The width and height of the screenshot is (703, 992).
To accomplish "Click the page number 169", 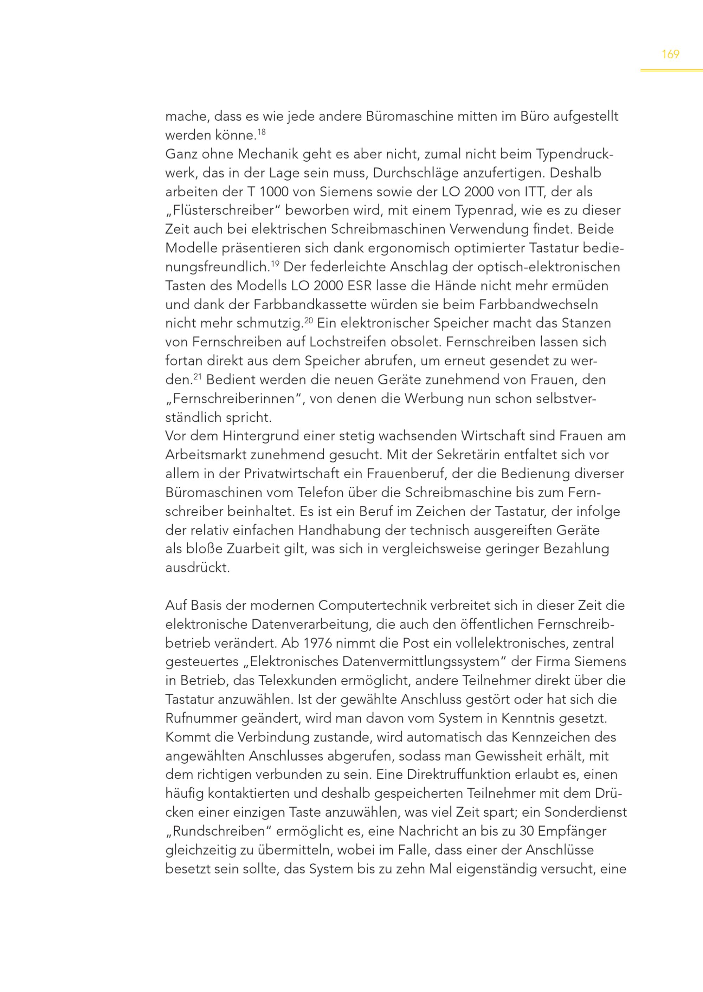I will pyautogui.click(x=670, y=54).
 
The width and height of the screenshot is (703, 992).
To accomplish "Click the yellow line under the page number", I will pyautogui.click(x=671, y=70).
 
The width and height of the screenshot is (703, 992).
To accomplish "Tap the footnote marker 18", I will pyautogui.click(x=262, y=131).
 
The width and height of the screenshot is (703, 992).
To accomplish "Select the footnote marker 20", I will pyautogui.click(x=308, y=320).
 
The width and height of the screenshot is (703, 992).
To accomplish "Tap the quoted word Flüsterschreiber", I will pyautogui.click(x=222, y=211).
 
